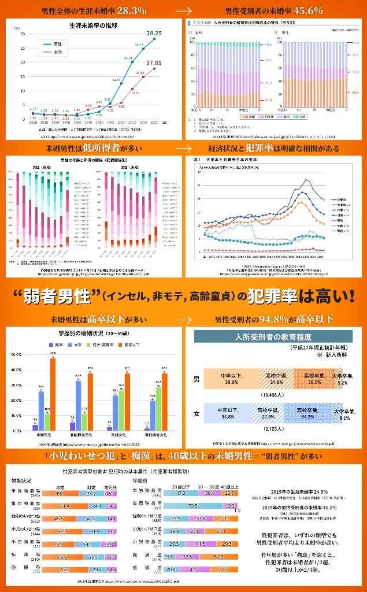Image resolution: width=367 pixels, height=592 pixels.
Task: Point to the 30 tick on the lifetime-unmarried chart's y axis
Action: (x=23, y=34)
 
